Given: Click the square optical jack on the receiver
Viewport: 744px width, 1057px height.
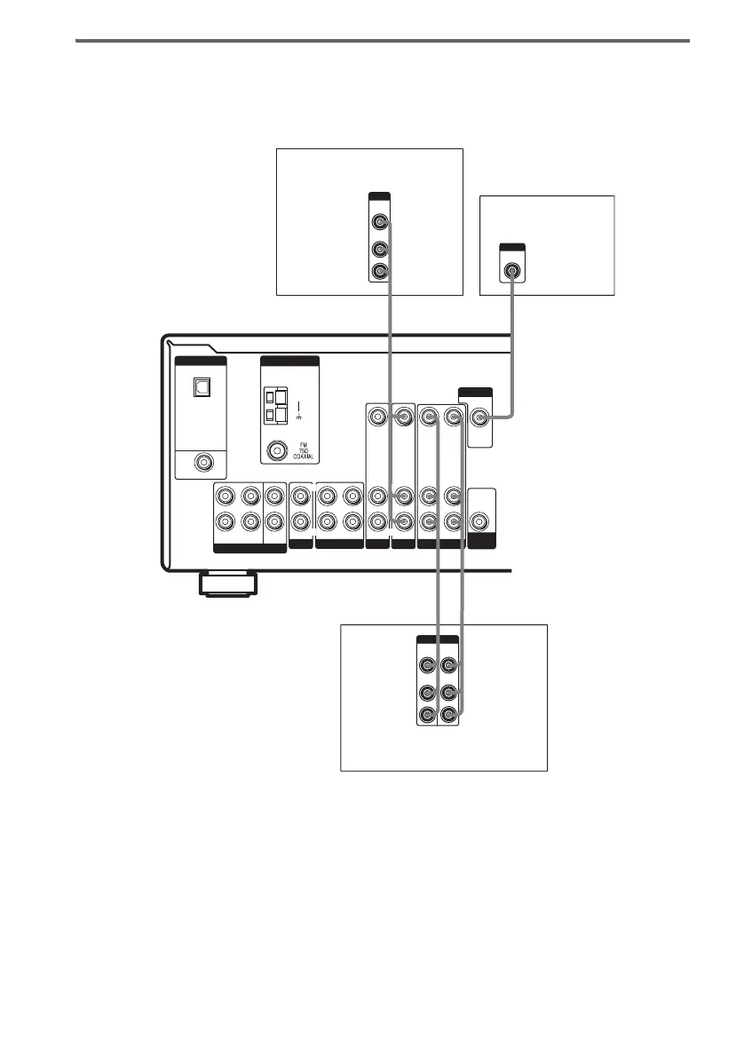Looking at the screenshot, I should (201, 387).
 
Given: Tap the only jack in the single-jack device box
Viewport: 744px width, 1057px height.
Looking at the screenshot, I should (512, 270).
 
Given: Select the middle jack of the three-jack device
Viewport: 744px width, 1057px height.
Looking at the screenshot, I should (380, 250).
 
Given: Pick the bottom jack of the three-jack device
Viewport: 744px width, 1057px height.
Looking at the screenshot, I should (380, 272).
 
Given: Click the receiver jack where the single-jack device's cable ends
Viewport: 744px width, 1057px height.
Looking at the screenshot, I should (480, 414).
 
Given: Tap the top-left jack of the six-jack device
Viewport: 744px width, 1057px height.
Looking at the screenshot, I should (428, 664).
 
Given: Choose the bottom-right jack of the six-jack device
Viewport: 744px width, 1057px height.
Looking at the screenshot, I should (449, 714).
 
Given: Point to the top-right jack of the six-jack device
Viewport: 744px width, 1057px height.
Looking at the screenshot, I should (449, 664).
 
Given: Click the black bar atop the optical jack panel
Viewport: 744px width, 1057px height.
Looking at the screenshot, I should (202, 362).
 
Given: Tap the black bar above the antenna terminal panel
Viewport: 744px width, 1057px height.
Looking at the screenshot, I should (289, 362).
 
